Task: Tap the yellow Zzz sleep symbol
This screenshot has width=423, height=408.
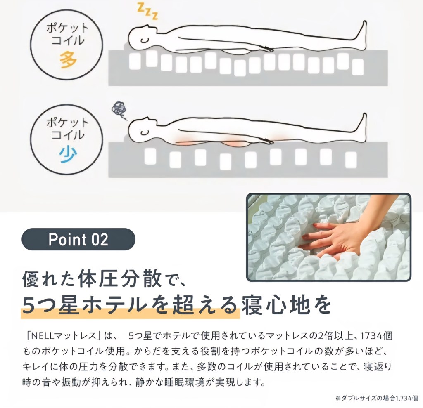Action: pyautogui.click(x=147, y=11)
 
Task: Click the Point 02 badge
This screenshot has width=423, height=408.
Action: pyautogui.click(x=78, y=239)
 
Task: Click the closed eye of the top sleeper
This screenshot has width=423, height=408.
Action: pyautogui.click(x=145, y=40)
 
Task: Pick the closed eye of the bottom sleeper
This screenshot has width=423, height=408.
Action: pyautogui.click(x=145, y=132)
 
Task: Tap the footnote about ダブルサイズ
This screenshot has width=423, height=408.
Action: pyautogui.click(x=377, y=398)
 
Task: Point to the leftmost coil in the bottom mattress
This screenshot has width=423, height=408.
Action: pyautogui.click(x=150, y=156)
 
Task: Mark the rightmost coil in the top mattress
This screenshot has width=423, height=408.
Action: pyautogui.click(x=358, y=67)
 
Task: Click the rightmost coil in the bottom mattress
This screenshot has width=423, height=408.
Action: pyautogui.click(x=351, y=160)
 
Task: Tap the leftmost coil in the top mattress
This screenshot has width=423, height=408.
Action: pyautogui.click(x=135, y=62)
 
